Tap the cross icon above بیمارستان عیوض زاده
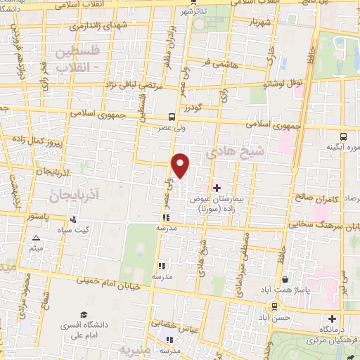click(x=217, y=188)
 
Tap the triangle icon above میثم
click(x=37, y=239)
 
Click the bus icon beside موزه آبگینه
click(x=344, y=136)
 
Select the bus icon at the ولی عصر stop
click(x=172, y=118)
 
